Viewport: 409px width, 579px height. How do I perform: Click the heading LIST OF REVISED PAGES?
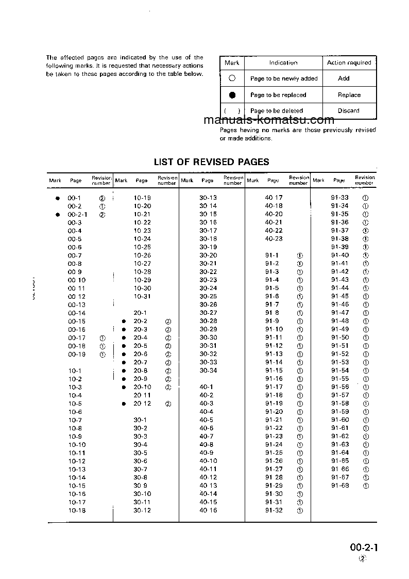(x=211, y=162)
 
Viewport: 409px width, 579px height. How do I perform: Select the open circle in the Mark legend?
(x=232, y=78)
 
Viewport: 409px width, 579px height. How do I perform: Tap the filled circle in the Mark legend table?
(x=232, y=95)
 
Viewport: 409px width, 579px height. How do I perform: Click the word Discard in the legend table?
(x=349, y=110)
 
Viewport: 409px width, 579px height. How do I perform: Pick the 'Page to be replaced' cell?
(x=278, y=95)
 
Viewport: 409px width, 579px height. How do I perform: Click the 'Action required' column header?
(x=349, y=62)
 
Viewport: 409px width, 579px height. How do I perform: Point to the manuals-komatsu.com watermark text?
(x=269, y=120)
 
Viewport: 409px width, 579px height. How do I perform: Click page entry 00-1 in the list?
(x=75, y=198)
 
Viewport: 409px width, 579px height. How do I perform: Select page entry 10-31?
(x=142, y=297)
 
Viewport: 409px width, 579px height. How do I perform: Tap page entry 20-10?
(x=142, y=387)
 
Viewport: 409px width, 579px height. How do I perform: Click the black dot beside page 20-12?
(x=124, y=404)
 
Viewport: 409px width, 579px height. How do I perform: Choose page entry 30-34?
(x=208, y=371)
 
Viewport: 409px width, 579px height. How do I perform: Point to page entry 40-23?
(x=274, y=239)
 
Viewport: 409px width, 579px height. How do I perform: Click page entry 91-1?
(x=272, y=255)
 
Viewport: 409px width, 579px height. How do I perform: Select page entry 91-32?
(x=274, y=510)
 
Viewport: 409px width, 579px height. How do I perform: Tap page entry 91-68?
(x=339, y=486)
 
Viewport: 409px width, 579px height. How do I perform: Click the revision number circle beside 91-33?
(x=366, y=198)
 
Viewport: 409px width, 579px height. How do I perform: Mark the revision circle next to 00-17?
(x=102, y=338)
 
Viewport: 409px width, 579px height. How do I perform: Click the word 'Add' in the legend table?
(x=344, y=78)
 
